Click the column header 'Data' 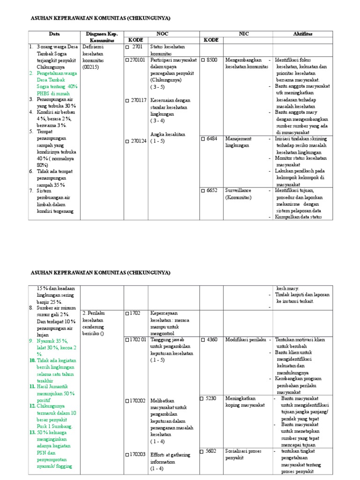click(54, 34)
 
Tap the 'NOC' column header click(162, 34)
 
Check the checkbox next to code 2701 click(127, 47)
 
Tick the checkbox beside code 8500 click(203, 60)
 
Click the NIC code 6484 click(213, 139)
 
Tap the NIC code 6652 click(213, 191)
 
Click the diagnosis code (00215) click(91, 67)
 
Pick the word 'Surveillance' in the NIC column click(239, 191)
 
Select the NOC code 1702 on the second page click(134, 313)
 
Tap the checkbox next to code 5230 click(202, 398)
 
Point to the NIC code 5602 click(211, 451)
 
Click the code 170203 click(137, 455)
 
